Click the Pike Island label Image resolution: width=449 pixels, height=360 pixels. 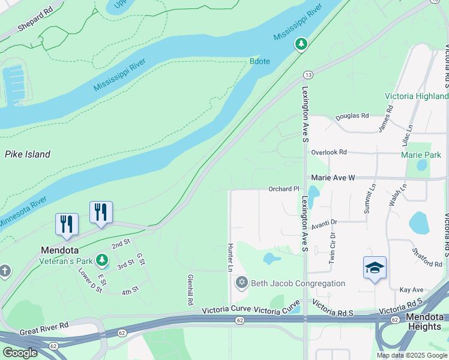point(28,154)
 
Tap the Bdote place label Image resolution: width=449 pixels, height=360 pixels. point(259,61)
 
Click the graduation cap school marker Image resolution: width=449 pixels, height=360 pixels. point(375,268)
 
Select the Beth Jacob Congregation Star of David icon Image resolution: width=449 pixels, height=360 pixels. point(242,283)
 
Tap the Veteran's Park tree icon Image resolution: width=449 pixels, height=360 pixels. point(102,260)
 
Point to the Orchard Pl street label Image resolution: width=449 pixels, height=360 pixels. point(283,189)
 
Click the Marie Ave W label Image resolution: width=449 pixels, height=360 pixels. point(333,178)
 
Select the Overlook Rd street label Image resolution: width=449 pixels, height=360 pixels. point(329,152)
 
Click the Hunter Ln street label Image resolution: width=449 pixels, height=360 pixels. point(230,258)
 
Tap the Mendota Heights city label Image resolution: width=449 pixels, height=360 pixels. point(426,321)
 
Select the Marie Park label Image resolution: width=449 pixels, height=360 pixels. point(421,155)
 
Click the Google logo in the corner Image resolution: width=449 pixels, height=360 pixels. point(20,353)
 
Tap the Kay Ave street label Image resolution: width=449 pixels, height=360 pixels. point(411,290)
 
